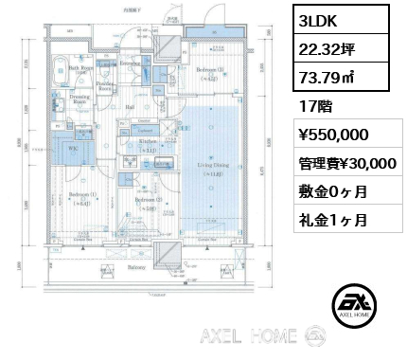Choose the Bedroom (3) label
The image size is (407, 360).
pos(210,72)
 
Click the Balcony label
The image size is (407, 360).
pos(140,268)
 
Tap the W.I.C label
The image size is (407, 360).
pos(72,150)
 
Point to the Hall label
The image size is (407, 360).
pos(130,106)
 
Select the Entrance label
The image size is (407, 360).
pos(132,63)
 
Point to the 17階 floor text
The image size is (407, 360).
pos(310,106)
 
